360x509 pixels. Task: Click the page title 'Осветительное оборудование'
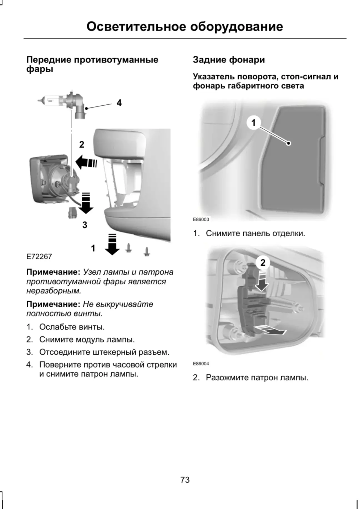click(185, 27)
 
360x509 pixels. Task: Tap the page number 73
click(185, 480)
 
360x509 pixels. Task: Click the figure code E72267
click(39, 256)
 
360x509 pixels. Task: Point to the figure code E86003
click(201, 219)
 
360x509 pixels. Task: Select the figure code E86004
click(201, 363)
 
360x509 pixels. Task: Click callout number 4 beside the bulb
click(119, 103)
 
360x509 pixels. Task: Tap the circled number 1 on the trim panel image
click(253, 122)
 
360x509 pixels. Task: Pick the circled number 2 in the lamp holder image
click(263, 262)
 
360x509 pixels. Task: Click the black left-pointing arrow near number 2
click(86, 162)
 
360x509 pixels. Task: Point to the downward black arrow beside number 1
click(112, 244)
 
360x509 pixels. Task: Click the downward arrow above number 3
click(86, 203)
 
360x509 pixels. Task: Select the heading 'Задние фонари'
click(229, 60)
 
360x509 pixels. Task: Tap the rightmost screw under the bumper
click(146, 251)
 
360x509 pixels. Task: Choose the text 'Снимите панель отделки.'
click(255, 233)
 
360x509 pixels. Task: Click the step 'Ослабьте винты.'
click(72, 327)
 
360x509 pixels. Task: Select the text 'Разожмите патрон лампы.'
click(257, 378)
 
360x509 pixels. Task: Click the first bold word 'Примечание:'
click(53, 272)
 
